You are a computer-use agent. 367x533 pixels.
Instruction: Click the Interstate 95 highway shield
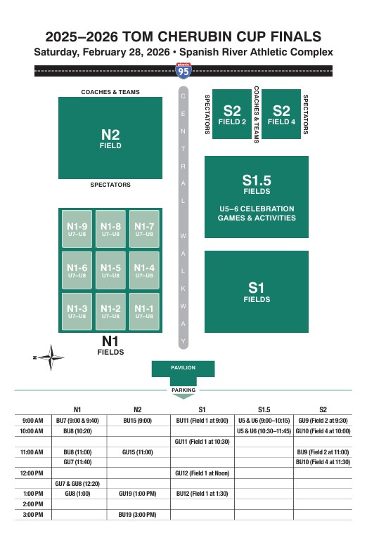(x=183, y=71)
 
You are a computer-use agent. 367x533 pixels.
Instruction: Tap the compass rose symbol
(x=51, y=357)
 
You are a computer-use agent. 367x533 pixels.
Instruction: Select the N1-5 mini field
(x=110, y=270)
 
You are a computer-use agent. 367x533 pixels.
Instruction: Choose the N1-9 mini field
(x=77, y=229)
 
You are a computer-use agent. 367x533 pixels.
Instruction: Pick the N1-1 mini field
(x=144, y=311)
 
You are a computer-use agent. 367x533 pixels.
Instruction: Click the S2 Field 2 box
(x=232, y=114)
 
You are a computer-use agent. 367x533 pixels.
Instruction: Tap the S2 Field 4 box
(x=281, y=114)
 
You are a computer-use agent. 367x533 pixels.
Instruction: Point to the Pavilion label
(x=183, y=367)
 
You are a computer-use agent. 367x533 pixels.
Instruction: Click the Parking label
(x=183, y=390)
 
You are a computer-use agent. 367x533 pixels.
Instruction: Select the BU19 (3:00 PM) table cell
(x=138, y=515)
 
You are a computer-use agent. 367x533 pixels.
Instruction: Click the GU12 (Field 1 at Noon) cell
(x=202, y=473)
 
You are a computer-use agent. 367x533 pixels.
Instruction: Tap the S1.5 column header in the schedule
(x=264, y=409)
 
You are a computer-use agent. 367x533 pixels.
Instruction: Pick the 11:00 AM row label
(x=32, y=452)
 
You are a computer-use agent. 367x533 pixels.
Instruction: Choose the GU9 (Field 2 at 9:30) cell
(x=323, y=421)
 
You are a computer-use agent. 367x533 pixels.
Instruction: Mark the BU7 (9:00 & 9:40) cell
(x=77, y=421)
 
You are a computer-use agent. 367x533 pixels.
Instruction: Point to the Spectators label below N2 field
(x=110, y=185)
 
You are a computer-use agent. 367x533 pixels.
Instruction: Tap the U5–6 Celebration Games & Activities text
(x=257, y=213)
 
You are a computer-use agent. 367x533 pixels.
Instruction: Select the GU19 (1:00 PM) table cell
(x=138, y=494)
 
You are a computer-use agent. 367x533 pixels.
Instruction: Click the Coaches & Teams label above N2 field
(x=110, y=92)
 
